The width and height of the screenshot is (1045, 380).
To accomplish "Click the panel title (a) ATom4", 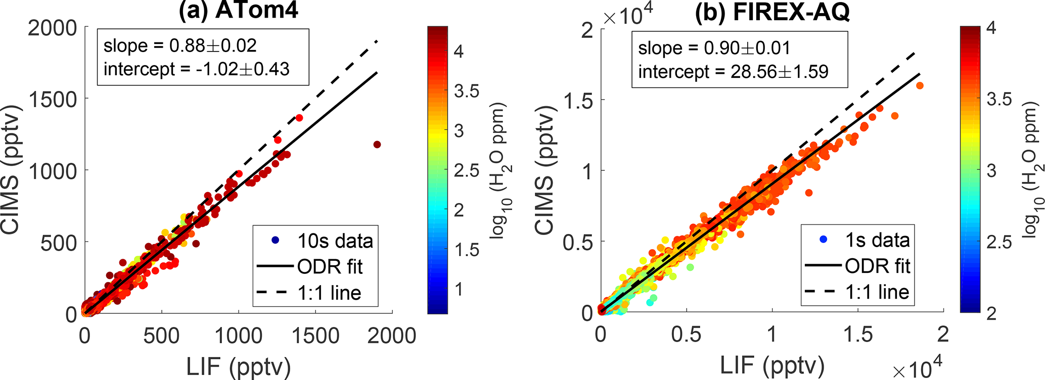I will (x=238, y=10).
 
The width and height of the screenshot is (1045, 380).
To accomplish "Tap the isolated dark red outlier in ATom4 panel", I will (x=377, y=145).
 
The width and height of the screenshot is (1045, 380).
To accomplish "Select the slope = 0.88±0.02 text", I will (x=180, y=46).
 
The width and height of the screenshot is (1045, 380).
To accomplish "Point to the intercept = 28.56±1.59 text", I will (x=733, y=72).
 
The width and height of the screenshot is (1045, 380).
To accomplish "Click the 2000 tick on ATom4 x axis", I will (x=392, y=336).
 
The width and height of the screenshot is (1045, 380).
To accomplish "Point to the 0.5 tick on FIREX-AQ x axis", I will (x=686, y=335).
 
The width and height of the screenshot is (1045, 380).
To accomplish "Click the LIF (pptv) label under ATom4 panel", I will (x=238, y=367).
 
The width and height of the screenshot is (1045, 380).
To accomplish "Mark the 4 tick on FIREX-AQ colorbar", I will (x=991, y=28).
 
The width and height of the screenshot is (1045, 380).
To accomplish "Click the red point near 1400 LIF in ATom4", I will (x=299, y=118).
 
